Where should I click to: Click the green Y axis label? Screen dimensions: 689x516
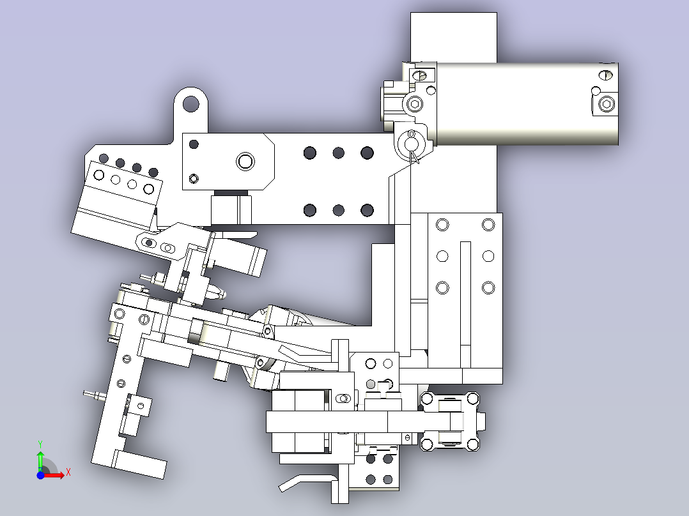click(x=40, y=444)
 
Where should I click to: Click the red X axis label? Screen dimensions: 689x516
click(x=68, y=473)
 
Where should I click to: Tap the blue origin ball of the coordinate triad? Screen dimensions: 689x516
click(x=40, y=475)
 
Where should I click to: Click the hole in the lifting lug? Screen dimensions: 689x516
click(x=190, y=103)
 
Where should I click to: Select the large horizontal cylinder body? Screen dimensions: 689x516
click(x=527, y=103)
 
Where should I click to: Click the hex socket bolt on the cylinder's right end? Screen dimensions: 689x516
click(x=607, y=105)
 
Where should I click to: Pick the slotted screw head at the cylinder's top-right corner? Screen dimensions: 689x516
click(x=605, y=75)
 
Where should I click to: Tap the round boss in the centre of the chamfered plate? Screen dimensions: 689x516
click(x=245, y=161)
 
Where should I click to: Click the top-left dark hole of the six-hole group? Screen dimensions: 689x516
click(x=310, y=153)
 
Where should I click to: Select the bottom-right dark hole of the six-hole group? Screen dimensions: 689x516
click(x=367, y=210)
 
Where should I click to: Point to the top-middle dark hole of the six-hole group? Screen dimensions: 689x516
click(x=338, y=153)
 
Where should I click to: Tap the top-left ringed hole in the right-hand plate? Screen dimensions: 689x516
click(x=442, y=225)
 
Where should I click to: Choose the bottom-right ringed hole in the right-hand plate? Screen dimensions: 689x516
click(x=488, y=287)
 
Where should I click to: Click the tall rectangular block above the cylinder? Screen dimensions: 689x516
click(x=454, y=37)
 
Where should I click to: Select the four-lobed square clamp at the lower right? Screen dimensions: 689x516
click(x=449, y=421)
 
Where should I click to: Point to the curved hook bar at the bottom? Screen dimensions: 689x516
click(x=307, y=482)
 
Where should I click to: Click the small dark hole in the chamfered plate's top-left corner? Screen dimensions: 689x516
click(x=193, y=144)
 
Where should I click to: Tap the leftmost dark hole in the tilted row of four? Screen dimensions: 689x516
click(x=104, y=158)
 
